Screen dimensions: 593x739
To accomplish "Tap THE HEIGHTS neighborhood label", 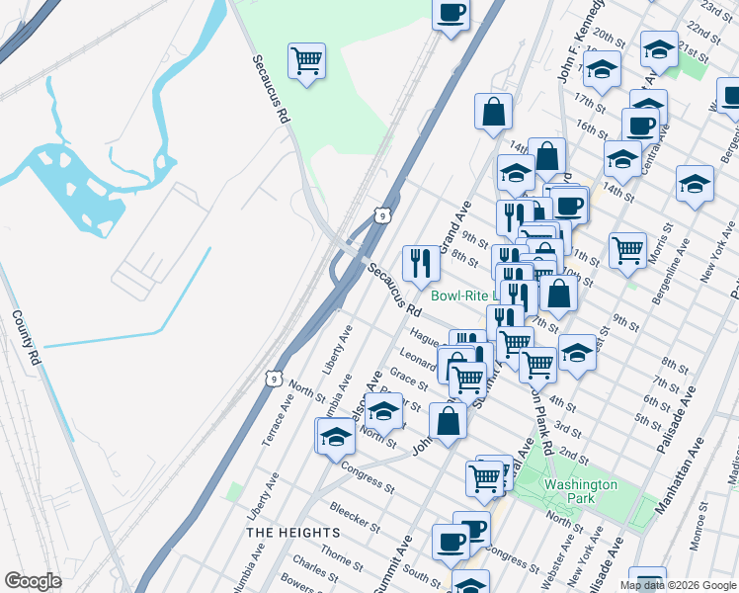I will (x=292, y=533).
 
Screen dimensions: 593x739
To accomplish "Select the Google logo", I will (x=33, y=581).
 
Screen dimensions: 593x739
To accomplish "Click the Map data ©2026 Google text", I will (x=677, y=585).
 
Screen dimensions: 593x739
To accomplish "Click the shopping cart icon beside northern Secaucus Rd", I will (x=306, y=61).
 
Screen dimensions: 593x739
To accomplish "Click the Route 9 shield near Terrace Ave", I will (x=274, y=378).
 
